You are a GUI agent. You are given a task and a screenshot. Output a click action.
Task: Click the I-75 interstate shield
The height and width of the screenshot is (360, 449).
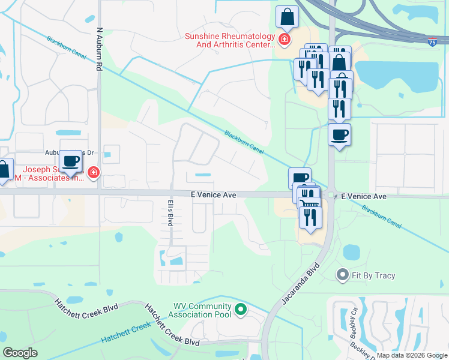pos(433,42)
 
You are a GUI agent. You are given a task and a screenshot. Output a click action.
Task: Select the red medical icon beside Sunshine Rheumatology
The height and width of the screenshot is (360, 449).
pos(284,40)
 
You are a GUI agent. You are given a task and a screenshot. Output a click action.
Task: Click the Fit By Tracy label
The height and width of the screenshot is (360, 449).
pos(373,275)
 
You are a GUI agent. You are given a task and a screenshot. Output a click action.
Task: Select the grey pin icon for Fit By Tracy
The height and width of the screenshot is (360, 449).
pos(343,275)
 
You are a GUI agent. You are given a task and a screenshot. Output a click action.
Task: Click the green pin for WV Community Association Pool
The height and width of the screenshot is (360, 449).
pos(240,310)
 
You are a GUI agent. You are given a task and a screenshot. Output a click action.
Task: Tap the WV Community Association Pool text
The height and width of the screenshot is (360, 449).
pos(202,310)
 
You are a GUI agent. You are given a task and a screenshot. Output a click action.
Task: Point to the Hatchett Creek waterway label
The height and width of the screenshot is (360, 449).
pos(125,332)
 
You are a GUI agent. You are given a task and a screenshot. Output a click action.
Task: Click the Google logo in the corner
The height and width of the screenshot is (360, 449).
pos(20,353)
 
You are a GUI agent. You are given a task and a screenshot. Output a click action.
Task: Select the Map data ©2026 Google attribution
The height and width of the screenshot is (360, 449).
pos(411,356)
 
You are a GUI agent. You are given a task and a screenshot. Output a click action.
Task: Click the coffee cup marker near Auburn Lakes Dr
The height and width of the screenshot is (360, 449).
pos(71,163)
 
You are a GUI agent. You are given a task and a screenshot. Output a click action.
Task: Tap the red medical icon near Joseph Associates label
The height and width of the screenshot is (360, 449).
pos(93,174)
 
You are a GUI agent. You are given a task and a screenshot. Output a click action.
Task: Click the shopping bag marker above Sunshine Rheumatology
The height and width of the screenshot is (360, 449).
pos(287,18)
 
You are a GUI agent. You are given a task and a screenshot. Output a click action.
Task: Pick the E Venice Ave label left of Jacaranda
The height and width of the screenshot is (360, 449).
pos(212,195)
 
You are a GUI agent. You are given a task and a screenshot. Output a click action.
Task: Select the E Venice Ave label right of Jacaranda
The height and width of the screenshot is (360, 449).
pos(363,197)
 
